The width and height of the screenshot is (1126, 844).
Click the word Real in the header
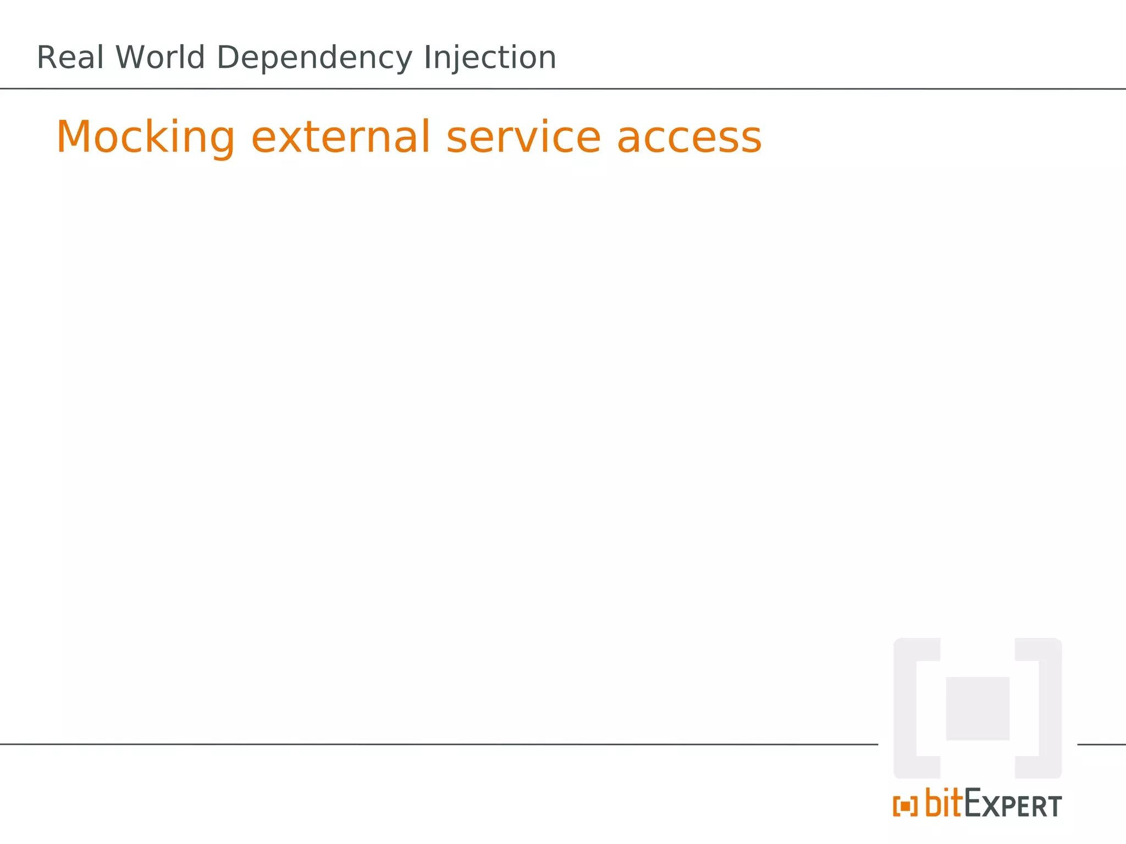pos(70,58)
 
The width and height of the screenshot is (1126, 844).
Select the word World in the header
pos(160,58)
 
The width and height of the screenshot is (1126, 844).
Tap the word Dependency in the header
pos(314,59)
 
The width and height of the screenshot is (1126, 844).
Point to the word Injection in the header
pos(490,59)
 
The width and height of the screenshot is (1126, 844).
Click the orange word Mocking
pos(146,137)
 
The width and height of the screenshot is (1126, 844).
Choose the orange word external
pos(341,137)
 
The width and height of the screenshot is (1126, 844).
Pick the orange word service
pos(523,137)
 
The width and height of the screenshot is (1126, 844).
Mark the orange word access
pos(689,137)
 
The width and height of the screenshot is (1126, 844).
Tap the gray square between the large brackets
pos(978,708)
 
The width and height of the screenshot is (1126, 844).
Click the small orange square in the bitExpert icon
pos(905,807)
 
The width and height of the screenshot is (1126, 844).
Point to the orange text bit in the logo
pos(944,803)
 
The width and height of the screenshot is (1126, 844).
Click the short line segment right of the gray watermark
pos(1101,745)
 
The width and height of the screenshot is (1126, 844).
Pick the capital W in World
pos(130,58)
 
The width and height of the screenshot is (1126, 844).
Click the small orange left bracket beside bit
pos(896,807)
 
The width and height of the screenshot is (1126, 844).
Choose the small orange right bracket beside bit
pos(914,807)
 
